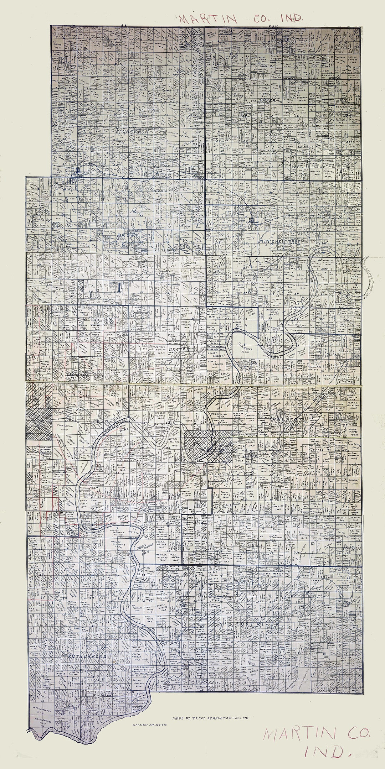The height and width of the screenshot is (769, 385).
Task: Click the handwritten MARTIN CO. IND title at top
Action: [x=240, y=19]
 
